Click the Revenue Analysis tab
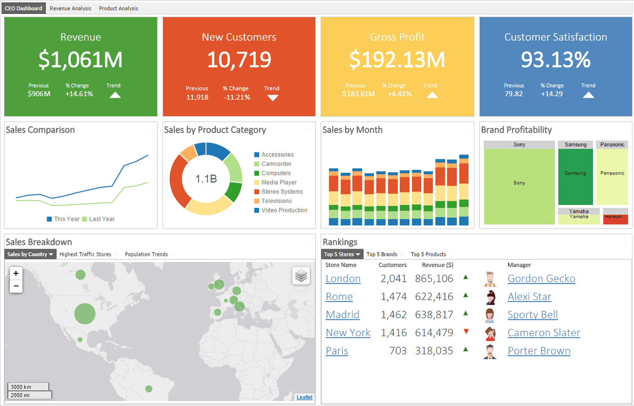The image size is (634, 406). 70,8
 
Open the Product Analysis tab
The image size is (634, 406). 118,8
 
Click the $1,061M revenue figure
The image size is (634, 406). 81,60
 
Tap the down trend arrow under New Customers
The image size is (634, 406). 272,98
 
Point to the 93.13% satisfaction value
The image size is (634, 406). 556,60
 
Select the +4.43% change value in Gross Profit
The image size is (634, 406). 399,94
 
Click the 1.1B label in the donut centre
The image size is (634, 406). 206,179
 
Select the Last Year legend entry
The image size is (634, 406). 99,219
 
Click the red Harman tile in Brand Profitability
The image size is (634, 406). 615,217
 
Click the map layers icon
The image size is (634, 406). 301,276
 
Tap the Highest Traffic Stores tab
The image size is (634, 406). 85,254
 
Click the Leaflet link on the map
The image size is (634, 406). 305,397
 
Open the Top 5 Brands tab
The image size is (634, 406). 382,254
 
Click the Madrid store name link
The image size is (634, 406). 342,315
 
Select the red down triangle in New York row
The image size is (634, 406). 466,332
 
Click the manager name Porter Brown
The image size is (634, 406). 539,351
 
